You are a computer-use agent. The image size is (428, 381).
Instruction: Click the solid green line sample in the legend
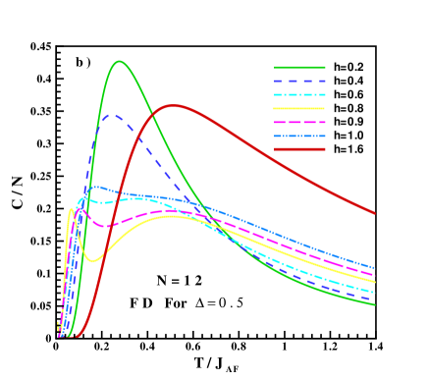(x=299, y=67)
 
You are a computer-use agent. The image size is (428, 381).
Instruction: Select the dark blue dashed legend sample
(x=299, y=81)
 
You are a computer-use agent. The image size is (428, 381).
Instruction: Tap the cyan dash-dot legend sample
(x=299, y=94)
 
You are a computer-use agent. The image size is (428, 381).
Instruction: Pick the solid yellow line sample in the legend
(x=299, y=108)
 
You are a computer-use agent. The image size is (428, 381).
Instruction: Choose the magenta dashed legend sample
(x=299, y=122)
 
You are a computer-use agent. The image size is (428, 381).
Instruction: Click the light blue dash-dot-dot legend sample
(x=299, y=136)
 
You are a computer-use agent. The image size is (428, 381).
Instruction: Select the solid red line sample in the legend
(x=299, y=149)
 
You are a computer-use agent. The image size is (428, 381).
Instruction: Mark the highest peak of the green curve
(x=120, y=61)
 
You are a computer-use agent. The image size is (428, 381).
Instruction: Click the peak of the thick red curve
(x=174, y=105)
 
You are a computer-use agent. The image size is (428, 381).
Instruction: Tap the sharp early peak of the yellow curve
(x=72, y=208)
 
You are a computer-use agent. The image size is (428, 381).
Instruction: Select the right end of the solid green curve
(x=375, y=304)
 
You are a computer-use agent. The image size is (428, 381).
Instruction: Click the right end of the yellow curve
(x=375, y=282)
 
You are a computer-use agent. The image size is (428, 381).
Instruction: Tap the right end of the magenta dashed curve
(x=375, y=275)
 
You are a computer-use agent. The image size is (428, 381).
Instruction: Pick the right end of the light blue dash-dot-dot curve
(x=375, y=267)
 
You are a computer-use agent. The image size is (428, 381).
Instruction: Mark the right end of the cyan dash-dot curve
(x=375, y=292)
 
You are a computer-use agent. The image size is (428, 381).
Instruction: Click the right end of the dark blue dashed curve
(x=375, y=299)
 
